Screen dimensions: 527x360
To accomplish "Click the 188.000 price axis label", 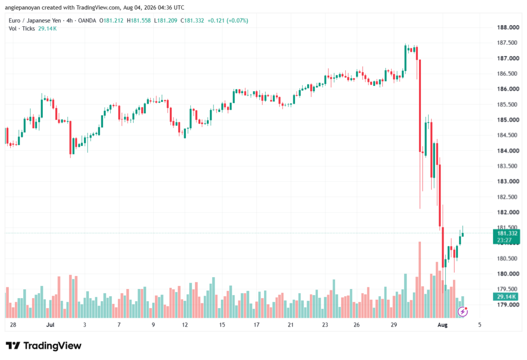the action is [508, 27].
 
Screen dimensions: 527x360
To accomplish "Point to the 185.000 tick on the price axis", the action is [508, 120].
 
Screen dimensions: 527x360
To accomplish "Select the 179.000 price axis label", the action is [508, 305].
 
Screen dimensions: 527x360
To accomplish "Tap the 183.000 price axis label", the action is [508, 181].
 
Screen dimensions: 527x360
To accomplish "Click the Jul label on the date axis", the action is [50, 324].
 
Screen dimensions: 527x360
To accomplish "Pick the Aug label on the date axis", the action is [442, 324].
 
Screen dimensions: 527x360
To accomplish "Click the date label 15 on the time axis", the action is [222, 324].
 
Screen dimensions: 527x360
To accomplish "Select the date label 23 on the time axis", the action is [325, 324].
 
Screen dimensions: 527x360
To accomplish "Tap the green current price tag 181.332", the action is [506, 236].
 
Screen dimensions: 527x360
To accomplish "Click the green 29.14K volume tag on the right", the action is [506, 297].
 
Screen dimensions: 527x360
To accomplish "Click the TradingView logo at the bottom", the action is [44, 346].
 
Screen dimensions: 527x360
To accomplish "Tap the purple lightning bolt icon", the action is [463, 312].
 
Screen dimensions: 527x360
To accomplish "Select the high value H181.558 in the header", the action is [139, 21].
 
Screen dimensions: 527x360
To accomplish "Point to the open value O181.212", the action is [111, 21].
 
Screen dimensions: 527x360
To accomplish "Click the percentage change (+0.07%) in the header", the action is [237, 21].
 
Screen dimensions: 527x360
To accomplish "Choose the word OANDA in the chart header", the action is [87, 21].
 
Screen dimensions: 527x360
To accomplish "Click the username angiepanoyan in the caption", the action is [23, 7].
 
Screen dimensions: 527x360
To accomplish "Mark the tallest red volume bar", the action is [419, 280].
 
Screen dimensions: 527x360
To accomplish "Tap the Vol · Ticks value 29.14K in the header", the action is [47, 29].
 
